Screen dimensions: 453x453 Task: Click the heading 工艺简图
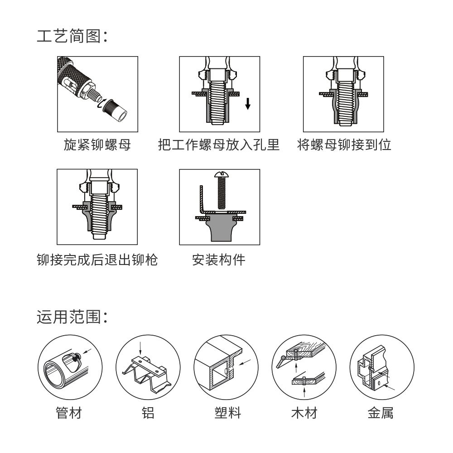pyautogui.click(x=72, y=36)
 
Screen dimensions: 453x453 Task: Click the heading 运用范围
pyautogui.click(x=72, y=317)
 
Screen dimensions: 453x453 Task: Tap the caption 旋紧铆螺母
pyautogui.click(x=97, y=145)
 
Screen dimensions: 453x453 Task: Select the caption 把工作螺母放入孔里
pyautogui.click(x=219, y=145)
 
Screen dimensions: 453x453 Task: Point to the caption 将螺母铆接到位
pyautogui.click(x=344, y=145)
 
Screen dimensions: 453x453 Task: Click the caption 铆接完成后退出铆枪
pyautogui.click(x=97, y=260)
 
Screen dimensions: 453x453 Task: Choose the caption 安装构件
pyautogui.click(x=219, y=260)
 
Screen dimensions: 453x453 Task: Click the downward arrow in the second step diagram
pyautogui.click(x=248, y=104)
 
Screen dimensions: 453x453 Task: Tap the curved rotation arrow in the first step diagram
pyautogui.click(x=100, y=104)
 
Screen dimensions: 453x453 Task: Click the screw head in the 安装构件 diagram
pyautogui.click(x=222, y=174)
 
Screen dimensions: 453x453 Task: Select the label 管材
pyautogui.click(x=69, y=413)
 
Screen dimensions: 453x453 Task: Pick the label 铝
pyautogui.click(x=148, y=413)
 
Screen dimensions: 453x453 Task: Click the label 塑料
pyautogui.click(x=228, y=413)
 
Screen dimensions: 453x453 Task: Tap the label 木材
pyautogui.click(x=304, y=413)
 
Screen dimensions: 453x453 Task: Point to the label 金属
pyautogui.click(x=381, y=413)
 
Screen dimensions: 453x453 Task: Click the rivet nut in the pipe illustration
pyautogui.click(x=76, y=357)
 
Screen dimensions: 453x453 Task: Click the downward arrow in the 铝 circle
pyautogui.click(x=140, y=348)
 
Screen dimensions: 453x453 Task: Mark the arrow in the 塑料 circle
pyautogui.click(x=245, y=362)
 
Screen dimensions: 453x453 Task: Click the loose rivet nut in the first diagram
pyautogui.click(x=115, y=111)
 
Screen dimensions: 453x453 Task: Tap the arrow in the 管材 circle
pyautogui.click(x=87, y=351)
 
